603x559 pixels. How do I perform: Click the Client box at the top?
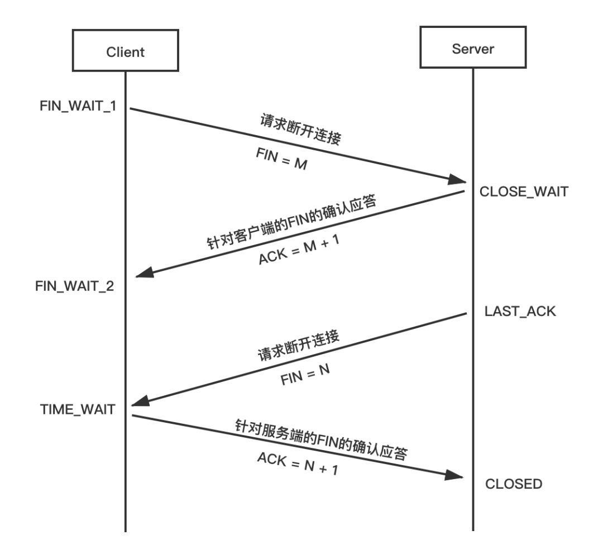[x=125, y=51]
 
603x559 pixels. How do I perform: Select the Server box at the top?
[x=472, y=48]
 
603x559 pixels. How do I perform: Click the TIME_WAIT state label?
[x=78, y=409]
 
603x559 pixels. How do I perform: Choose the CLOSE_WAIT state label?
[x=524, y=192]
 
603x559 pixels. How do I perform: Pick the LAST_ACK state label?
[x=520, y=311]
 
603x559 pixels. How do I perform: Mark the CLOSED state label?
[x=514, y=484]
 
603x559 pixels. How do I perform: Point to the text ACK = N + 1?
[x=298, y=463]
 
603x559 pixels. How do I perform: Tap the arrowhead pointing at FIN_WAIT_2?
[x=144, y=273]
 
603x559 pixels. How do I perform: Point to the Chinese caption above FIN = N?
[x=298, y=347]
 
